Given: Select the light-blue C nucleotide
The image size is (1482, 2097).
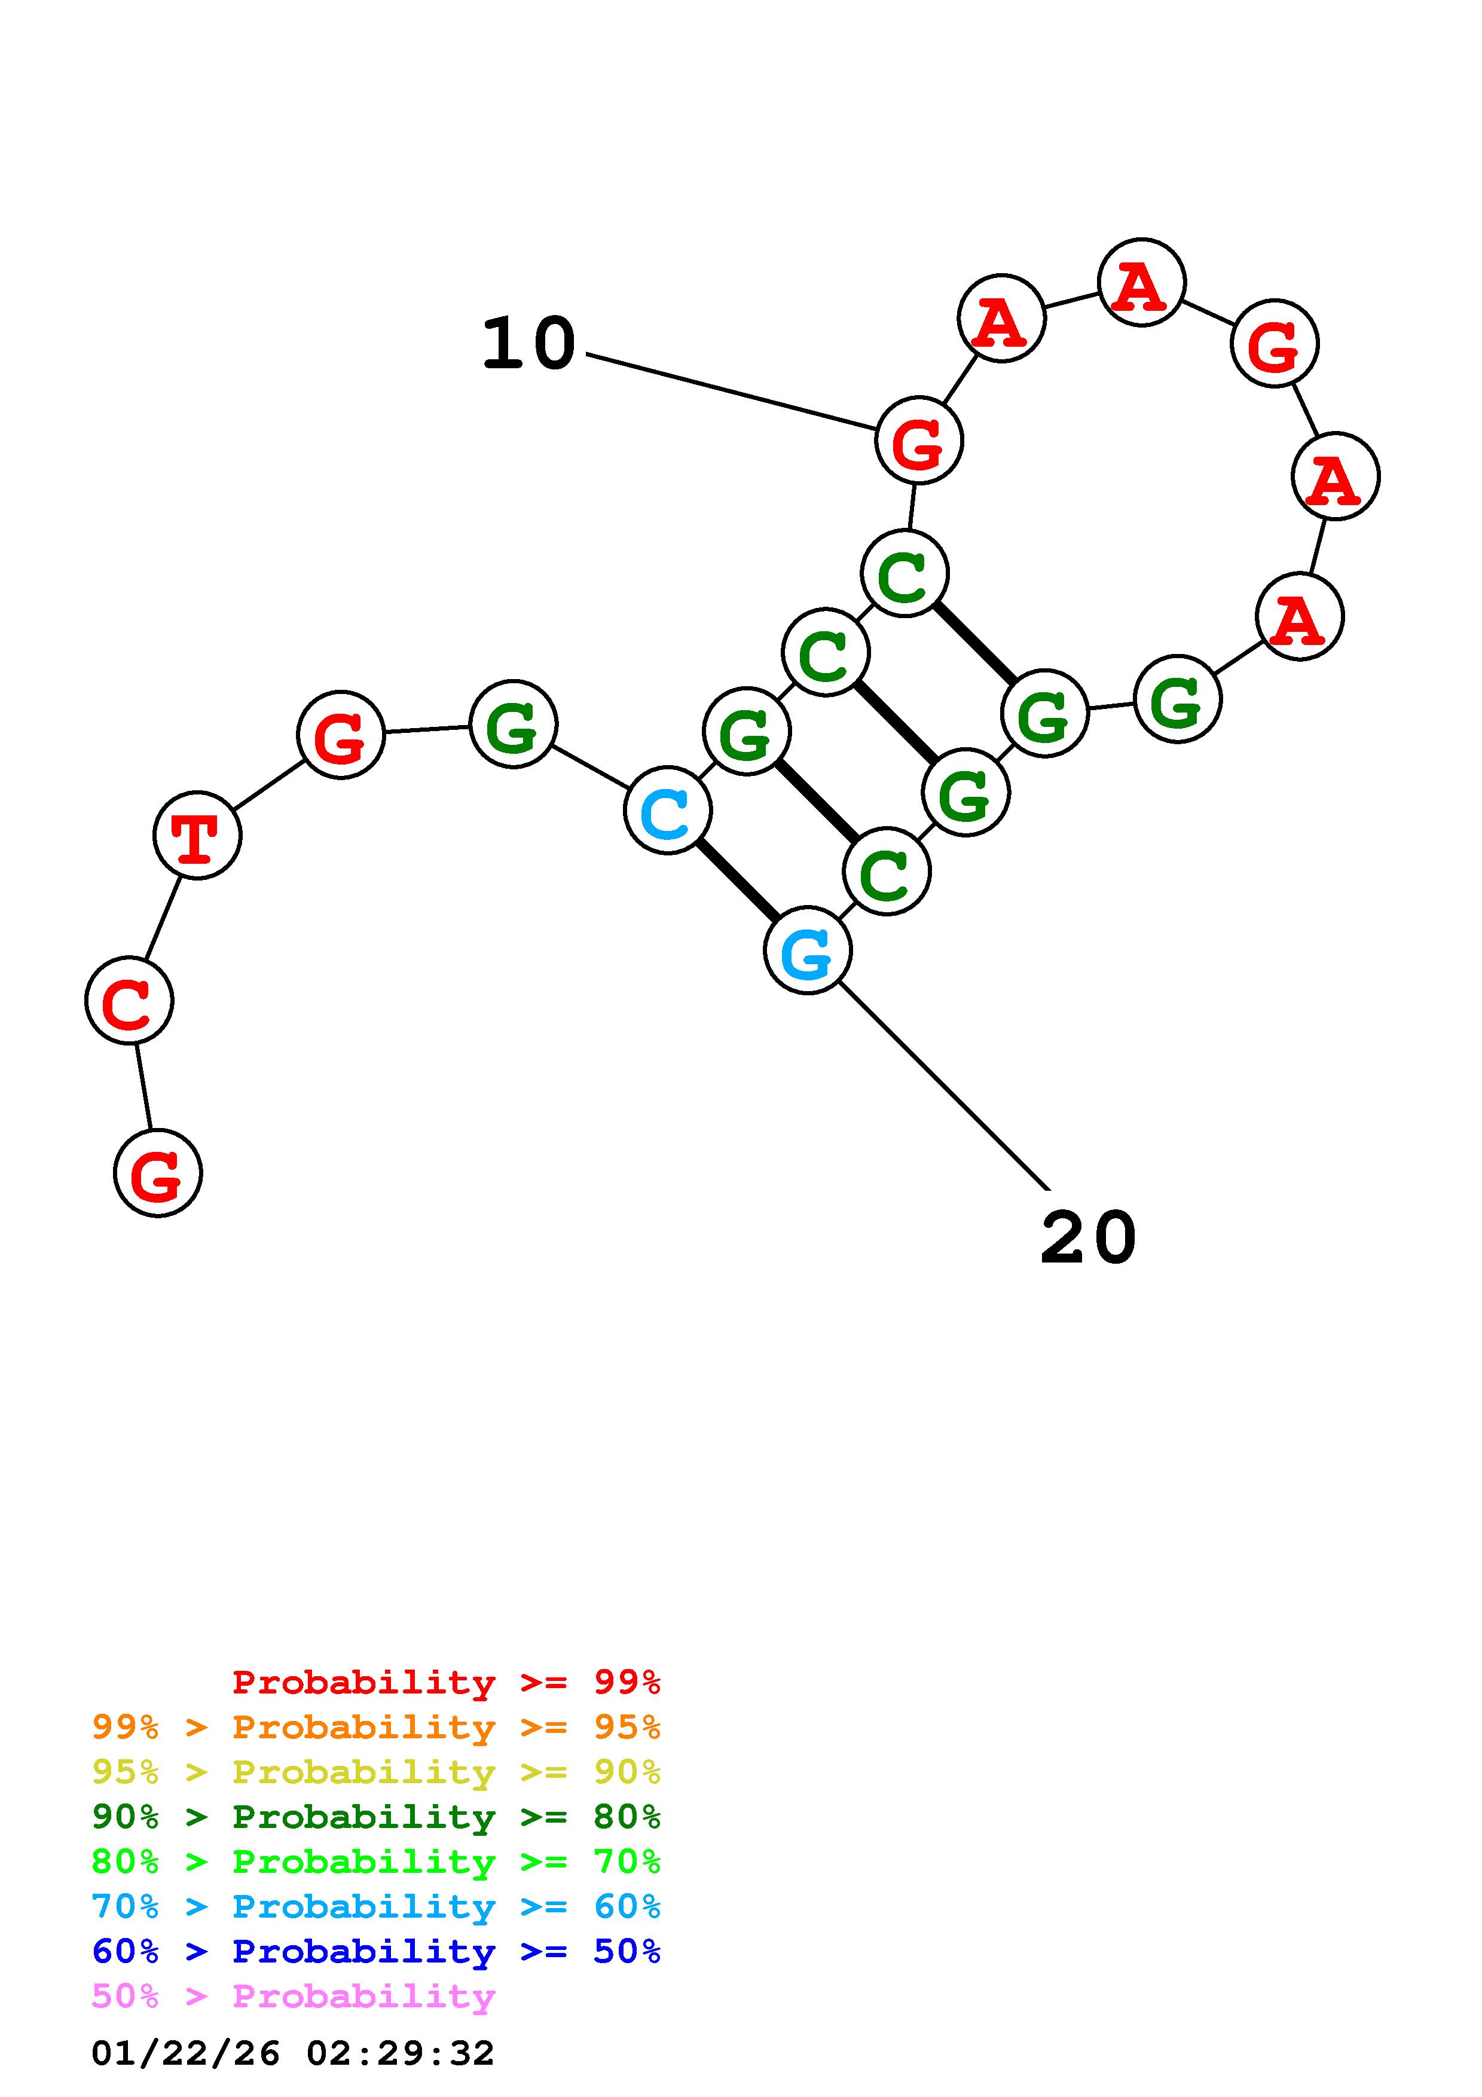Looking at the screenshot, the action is point(668,810).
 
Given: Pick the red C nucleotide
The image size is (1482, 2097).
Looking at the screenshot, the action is point(129,1000).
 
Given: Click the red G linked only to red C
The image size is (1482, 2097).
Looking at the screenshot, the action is point(158,1173).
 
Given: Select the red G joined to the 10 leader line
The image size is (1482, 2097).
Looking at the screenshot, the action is point(919,440).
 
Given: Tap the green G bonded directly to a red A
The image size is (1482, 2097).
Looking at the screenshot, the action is point(1177,699).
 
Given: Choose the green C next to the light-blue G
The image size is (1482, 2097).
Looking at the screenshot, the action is point(887,872).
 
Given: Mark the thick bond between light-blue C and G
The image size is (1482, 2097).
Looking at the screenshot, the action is point(737,881).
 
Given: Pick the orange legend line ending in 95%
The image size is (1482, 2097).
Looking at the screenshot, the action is point(376,1727).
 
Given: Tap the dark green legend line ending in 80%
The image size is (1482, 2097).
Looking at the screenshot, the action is point(376,1817).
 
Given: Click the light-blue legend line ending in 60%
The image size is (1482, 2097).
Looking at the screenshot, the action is point(376,1906).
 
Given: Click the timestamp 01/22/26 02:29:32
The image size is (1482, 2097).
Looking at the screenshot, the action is point(293,2053).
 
